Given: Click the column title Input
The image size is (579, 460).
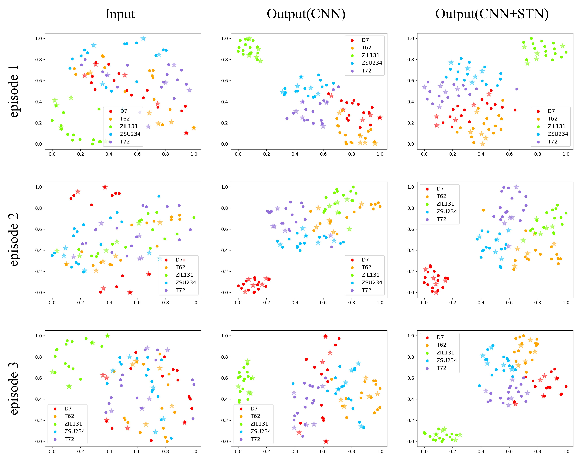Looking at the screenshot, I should point(120,14).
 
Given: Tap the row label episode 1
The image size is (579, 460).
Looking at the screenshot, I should point(14,91).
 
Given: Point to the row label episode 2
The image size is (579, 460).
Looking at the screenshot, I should point(14,240).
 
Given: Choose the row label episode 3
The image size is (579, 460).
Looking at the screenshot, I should point(14,388).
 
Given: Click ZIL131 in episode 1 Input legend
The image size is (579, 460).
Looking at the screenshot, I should point(129,126).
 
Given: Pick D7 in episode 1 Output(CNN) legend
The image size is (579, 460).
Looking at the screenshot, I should point(365,40).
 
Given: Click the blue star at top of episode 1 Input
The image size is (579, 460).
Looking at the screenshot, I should point(143,38).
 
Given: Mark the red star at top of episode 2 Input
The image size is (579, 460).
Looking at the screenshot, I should point(105,187).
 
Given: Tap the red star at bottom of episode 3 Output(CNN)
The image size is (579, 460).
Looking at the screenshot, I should point(326,441).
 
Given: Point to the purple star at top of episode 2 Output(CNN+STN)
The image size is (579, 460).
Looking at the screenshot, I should point(516,187).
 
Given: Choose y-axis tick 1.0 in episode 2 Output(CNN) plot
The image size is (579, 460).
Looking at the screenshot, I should point(225,187).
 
